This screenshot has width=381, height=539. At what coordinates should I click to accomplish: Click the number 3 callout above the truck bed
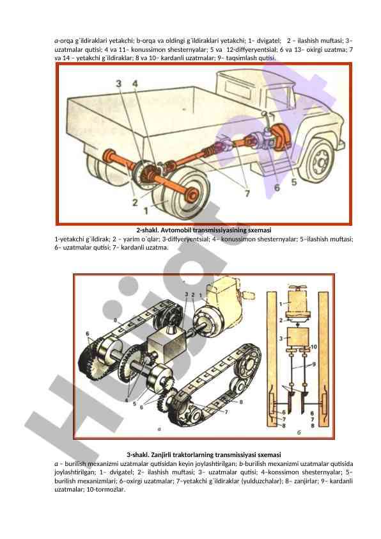119,83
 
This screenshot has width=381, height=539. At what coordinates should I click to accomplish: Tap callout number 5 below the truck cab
294,182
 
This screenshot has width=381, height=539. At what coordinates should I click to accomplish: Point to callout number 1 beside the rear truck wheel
146,210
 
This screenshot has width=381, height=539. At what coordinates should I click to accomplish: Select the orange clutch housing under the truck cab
281,137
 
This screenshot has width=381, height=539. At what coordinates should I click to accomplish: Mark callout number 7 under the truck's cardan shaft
247,193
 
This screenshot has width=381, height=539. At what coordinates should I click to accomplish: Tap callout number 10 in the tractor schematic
314,347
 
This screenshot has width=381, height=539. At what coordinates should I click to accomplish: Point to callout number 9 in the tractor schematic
314,364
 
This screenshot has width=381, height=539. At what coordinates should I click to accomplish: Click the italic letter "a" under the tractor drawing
159,429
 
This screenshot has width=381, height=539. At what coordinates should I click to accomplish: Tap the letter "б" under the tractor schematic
299,432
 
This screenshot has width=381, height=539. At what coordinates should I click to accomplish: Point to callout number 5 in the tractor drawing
135,403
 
